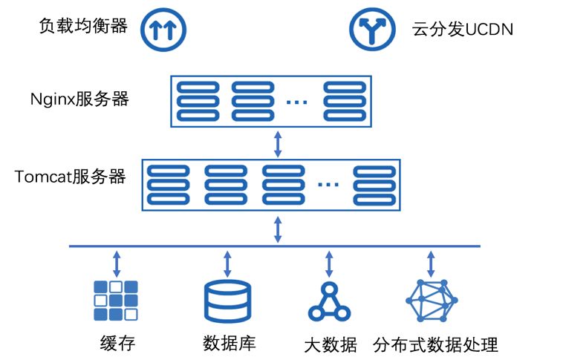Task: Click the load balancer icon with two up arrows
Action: click(163, 29)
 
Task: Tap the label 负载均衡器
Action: click(83, 27)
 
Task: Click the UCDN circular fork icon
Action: click(372, 28)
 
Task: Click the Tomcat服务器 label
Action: click(70, 177)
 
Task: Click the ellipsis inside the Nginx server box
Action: click(296, 102)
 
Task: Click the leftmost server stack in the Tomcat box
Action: click(168, 183)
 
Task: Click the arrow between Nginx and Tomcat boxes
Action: click(278, 143)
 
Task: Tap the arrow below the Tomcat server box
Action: click(278, 229)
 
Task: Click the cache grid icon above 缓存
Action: click(116, 300)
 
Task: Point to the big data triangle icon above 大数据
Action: click(328, 301)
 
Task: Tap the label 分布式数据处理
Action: click(436, 344)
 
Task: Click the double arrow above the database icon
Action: click(227, 263)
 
